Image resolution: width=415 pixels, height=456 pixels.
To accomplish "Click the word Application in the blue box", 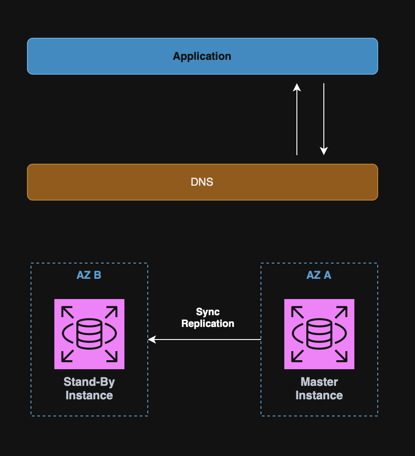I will point(202,56).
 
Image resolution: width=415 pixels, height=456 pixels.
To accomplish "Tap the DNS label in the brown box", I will point(202,182).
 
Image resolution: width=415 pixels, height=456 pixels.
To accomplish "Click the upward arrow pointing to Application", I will point(297,119).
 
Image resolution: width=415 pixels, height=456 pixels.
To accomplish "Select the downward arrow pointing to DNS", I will point(324,119).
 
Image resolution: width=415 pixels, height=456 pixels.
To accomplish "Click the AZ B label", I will point(89,275).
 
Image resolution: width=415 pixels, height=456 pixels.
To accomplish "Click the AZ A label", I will point(319,275).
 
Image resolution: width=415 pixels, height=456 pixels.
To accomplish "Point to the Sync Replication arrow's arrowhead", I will point(151,340).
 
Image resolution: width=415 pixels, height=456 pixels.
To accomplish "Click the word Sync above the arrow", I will point(208,312).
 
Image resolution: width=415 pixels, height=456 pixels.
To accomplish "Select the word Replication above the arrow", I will point(208,323).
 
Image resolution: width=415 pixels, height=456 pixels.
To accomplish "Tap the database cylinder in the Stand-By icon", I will point(89,333).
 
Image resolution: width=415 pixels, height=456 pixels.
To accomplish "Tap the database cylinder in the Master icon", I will point(319,333).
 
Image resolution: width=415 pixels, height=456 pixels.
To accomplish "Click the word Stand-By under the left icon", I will point(89,382).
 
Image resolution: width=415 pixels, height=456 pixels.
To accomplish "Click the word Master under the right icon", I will point(319,382).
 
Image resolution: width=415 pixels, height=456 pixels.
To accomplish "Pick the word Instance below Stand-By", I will point(89,396).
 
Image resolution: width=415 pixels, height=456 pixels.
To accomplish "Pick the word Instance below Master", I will point(319,396).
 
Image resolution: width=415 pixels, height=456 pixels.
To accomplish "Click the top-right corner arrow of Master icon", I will point(342,312).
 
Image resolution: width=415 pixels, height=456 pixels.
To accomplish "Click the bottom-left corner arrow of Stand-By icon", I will point(67,356).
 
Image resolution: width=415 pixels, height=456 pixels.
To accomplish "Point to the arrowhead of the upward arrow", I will point(297,87).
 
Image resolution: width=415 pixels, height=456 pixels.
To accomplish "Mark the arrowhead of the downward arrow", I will point(324,152).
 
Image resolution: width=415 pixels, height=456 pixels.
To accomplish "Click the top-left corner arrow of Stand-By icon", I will point(67,312).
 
